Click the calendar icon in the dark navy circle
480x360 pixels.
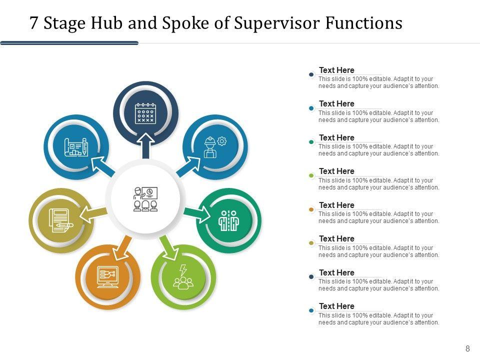[x=145, y=113]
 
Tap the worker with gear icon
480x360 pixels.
[x=215, y=147]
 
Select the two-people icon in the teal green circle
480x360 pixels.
[x=229, y=220]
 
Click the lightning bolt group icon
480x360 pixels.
[x=183, y=277]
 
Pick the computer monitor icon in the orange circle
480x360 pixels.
[x=108, y=276]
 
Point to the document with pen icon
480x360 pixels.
[x=60, y=220]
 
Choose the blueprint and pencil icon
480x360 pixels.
[x=76, y=147]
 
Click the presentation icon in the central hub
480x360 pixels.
[x=145, y=199]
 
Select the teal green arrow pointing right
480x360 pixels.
[x=199, y=214]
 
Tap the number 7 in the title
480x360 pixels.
[x=34, y=23]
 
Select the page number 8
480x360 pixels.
[x=467, y=349]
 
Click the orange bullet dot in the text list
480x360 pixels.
[x=311, y=209]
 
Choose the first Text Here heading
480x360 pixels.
[x=336, y=70]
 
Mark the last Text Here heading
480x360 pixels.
[x=336, y=306]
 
